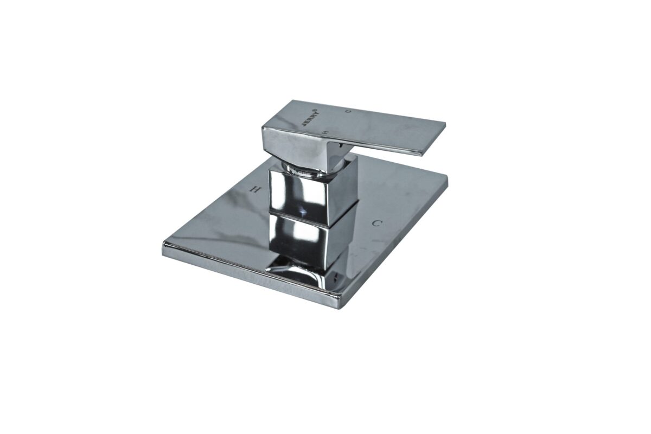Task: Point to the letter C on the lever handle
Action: [347, 111]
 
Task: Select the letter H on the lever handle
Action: [325, 132]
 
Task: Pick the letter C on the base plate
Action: [377, 223]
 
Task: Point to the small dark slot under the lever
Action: [339, 144]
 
